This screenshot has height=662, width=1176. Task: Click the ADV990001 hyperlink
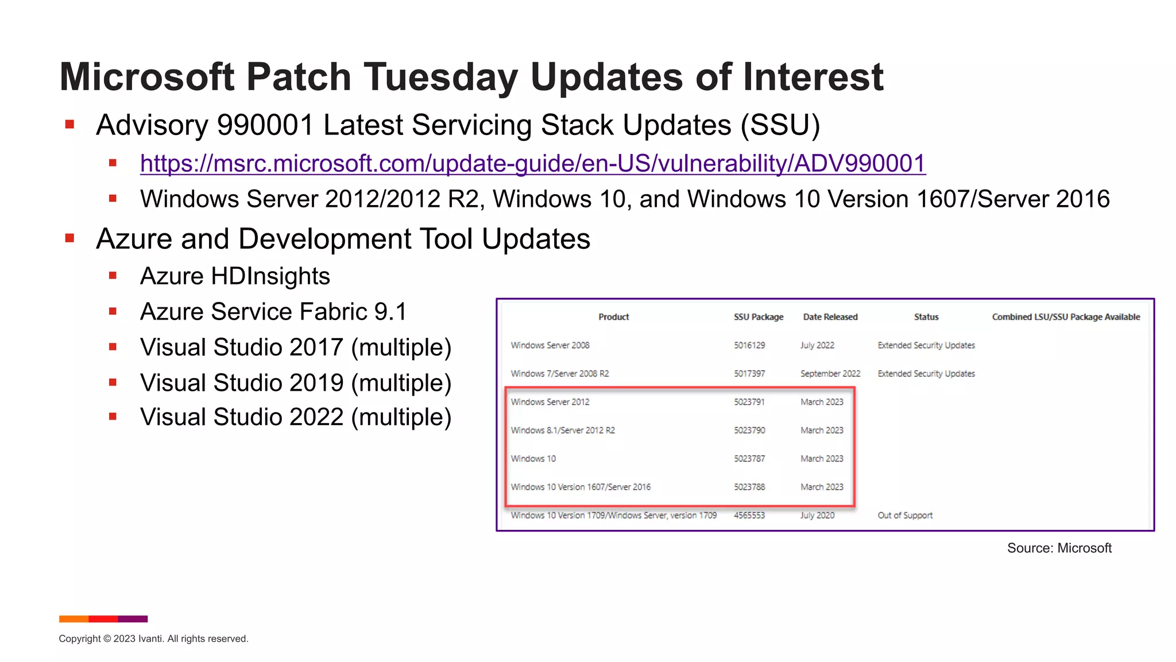[532, 164]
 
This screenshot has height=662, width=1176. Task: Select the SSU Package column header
[758, 317]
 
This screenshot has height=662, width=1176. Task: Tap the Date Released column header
[830, 317]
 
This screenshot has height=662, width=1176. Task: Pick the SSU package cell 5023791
[749, 402]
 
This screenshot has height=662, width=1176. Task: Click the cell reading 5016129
[749, 345]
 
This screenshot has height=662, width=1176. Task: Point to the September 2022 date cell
[830, 374]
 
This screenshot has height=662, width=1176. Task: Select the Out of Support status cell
[904, 515]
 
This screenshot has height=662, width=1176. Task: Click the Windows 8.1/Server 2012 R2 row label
[562, 430]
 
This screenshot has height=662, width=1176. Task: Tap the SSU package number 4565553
[749, 515]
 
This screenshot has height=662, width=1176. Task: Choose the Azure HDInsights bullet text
[235, 276]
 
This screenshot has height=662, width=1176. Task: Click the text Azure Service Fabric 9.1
[273, 312]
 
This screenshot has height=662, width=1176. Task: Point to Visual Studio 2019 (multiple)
[296, 383]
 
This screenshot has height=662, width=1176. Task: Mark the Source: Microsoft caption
[1059, 548]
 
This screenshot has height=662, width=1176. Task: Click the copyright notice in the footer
[153, 639]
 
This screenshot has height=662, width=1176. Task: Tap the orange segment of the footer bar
[73, 619]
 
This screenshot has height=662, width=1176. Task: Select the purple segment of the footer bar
[133, 619]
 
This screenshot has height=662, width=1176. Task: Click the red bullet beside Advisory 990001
[70, 125]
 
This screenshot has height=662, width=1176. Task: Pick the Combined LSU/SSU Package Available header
[1066, 317]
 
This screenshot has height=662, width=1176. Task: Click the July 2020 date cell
[817, 515]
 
